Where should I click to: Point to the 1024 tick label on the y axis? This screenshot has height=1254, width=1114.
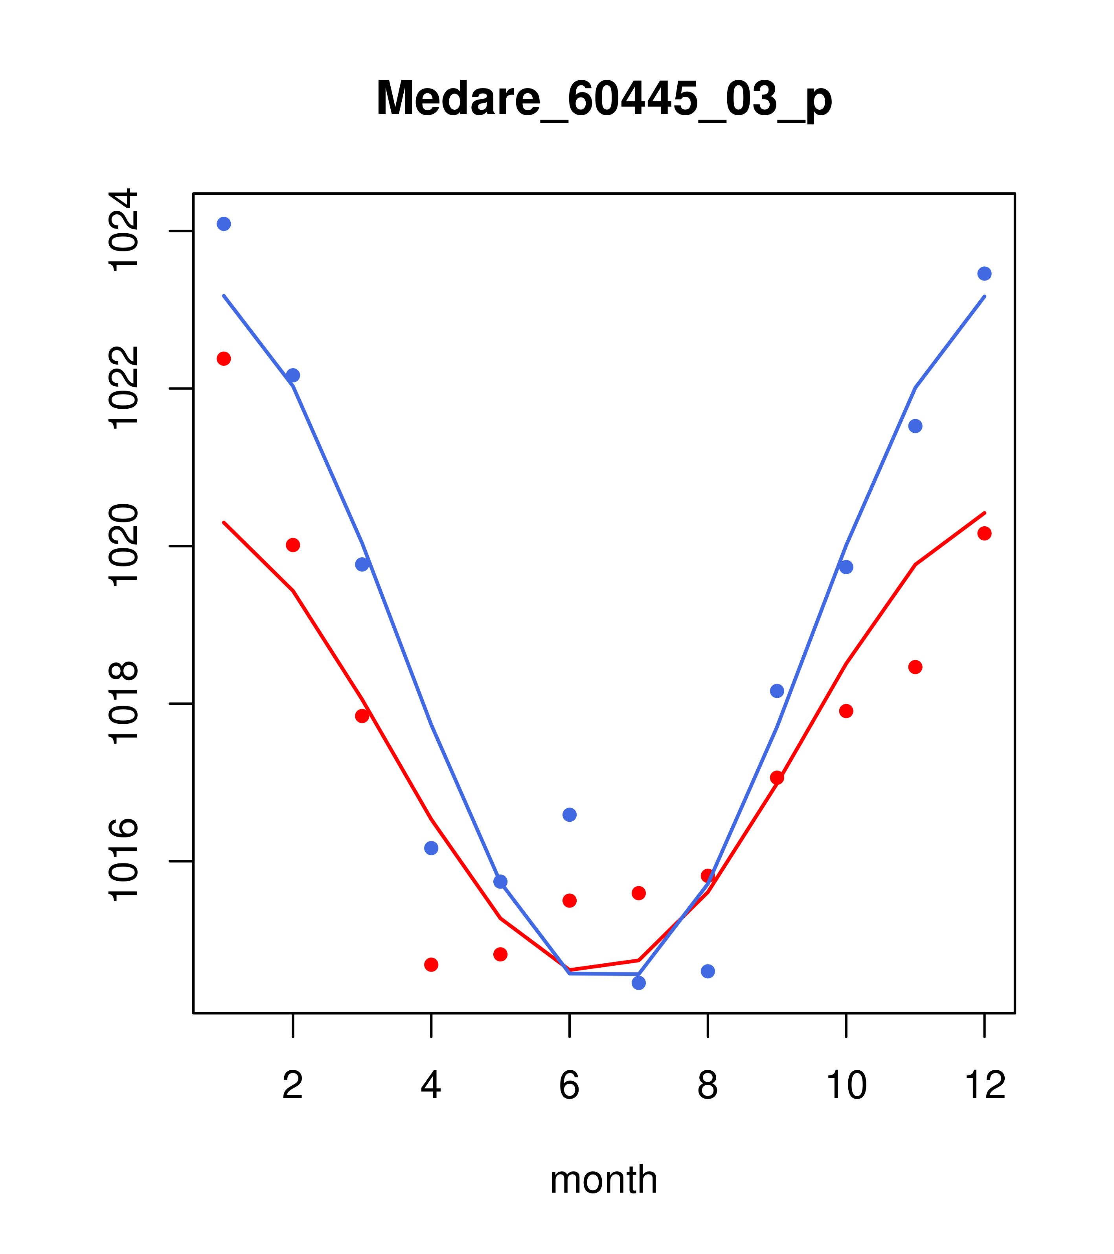point(121,230)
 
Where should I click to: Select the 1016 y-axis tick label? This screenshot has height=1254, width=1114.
point(121,861)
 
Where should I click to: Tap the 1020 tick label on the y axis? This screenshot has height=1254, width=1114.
point(121,546)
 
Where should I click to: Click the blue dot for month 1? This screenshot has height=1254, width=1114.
point(224,224)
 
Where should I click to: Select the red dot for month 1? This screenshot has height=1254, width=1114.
point(224,358)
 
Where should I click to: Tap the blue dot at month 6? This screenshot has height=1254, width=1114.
point(570,815)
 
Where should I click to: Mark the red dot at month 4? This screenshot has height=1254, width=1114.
point(432,965)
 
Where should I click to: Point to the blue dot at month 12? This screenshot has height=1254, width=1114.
point(985,274)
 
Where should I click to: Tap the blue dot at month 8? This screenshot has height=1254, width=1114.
point(708,971)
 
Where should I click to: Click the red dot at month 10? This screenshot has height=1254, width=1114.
point(846,711)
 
